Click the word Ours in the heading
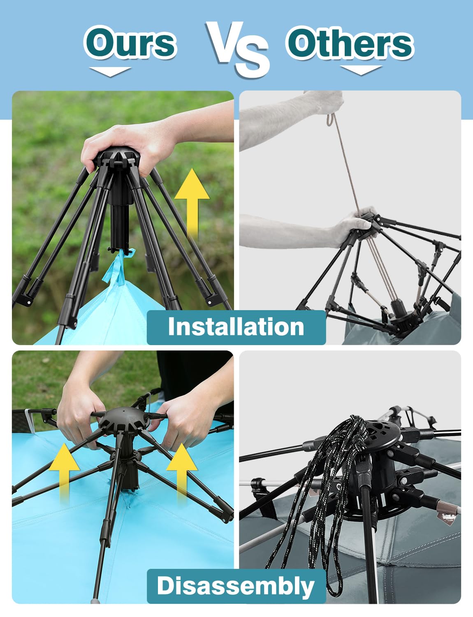[130, 43]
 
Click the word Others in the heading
[350, 43]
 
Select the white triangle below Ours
[110, 72]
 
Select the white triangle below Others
[361, 70]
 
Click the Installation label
[236, 327]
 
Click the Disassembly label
[236, 586]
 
